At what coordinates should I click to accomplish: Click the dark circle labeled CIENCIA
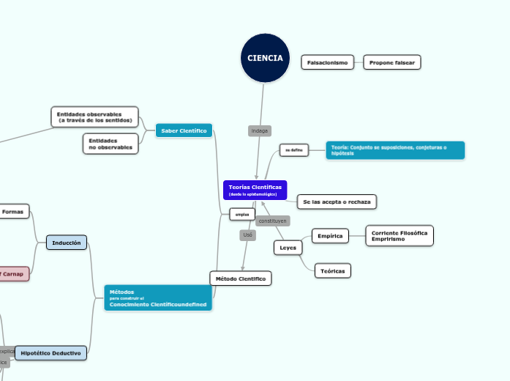pos(265,59)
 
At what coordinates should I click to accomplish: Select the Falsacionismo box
pos(327,62)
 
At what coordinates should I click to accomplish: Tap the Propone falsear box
pos(392,62)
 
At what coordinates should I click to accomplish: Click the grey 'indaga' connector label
pos(260,130)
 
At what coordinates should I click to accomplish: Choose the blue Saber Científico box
pos(184,130)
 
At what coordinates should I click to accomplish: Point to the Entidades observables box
pos(94,117)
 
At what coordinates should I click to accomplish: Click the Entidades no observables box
pos(110,144)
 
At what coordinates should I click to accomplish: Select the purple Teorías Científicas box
pos(255,190)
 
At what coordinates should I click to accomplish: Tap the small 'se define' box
pos(294,150)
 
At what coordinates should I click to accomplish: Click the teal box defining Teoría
pos(394,150)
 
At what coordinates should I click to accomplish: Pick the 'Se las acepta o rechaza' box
pos(337,201)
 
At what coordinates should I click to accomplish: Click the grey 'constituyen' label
pos(272,221)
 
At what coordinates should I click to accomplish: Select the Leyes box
pos(288,248)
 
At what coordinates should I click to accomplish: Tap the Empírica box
pos(330,236)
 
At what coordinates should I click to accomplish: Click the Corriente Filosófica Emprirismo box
pos(399,236)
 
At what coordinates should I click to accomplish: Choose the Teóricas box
pos(332,271)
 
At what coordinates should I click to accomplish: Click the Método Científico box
pos(241,278)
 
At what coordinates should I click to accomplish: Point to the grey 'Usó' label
pos(247,235)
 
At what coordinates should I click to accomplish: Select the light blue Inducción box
pos(67,243)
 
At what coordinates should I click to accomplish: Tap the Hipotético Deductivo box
pos(50,353)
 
